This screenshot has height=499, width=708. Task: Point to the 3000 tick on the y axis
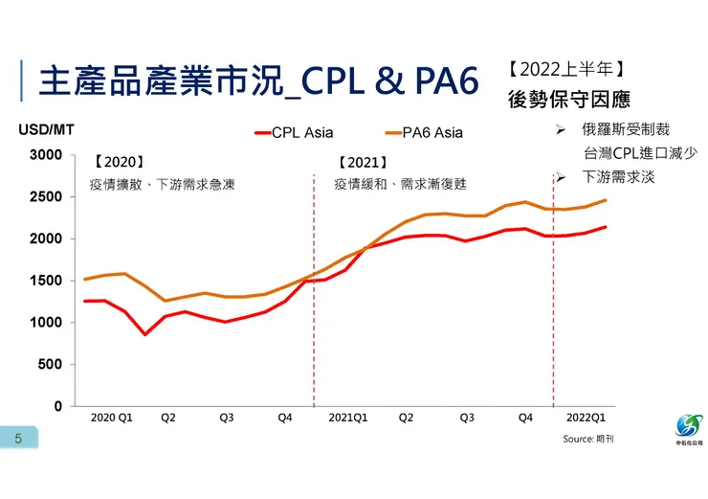pos(46,155)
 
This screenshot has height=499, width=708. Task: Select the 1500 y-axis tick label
pos(46,281)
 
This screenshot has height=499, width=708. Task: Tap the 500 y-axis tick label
pos(50,365)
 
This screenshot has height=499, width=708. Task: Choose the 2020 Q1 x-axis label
pos(111,419)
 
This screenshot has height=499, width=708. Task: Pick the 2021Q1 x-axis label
pos(348,419)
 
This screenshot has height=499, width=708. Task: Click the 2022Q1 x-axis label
pos(586,419)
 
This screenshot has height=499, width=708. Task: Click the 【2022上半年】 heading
pos(566,70)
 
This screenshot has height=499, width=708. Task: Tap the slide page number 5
pos(17,439)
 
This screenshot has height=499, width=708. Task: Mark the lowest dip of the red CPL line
pos(144,334)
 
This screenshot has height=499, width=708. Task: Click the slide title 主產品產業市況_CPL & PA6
pos(258,82)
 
